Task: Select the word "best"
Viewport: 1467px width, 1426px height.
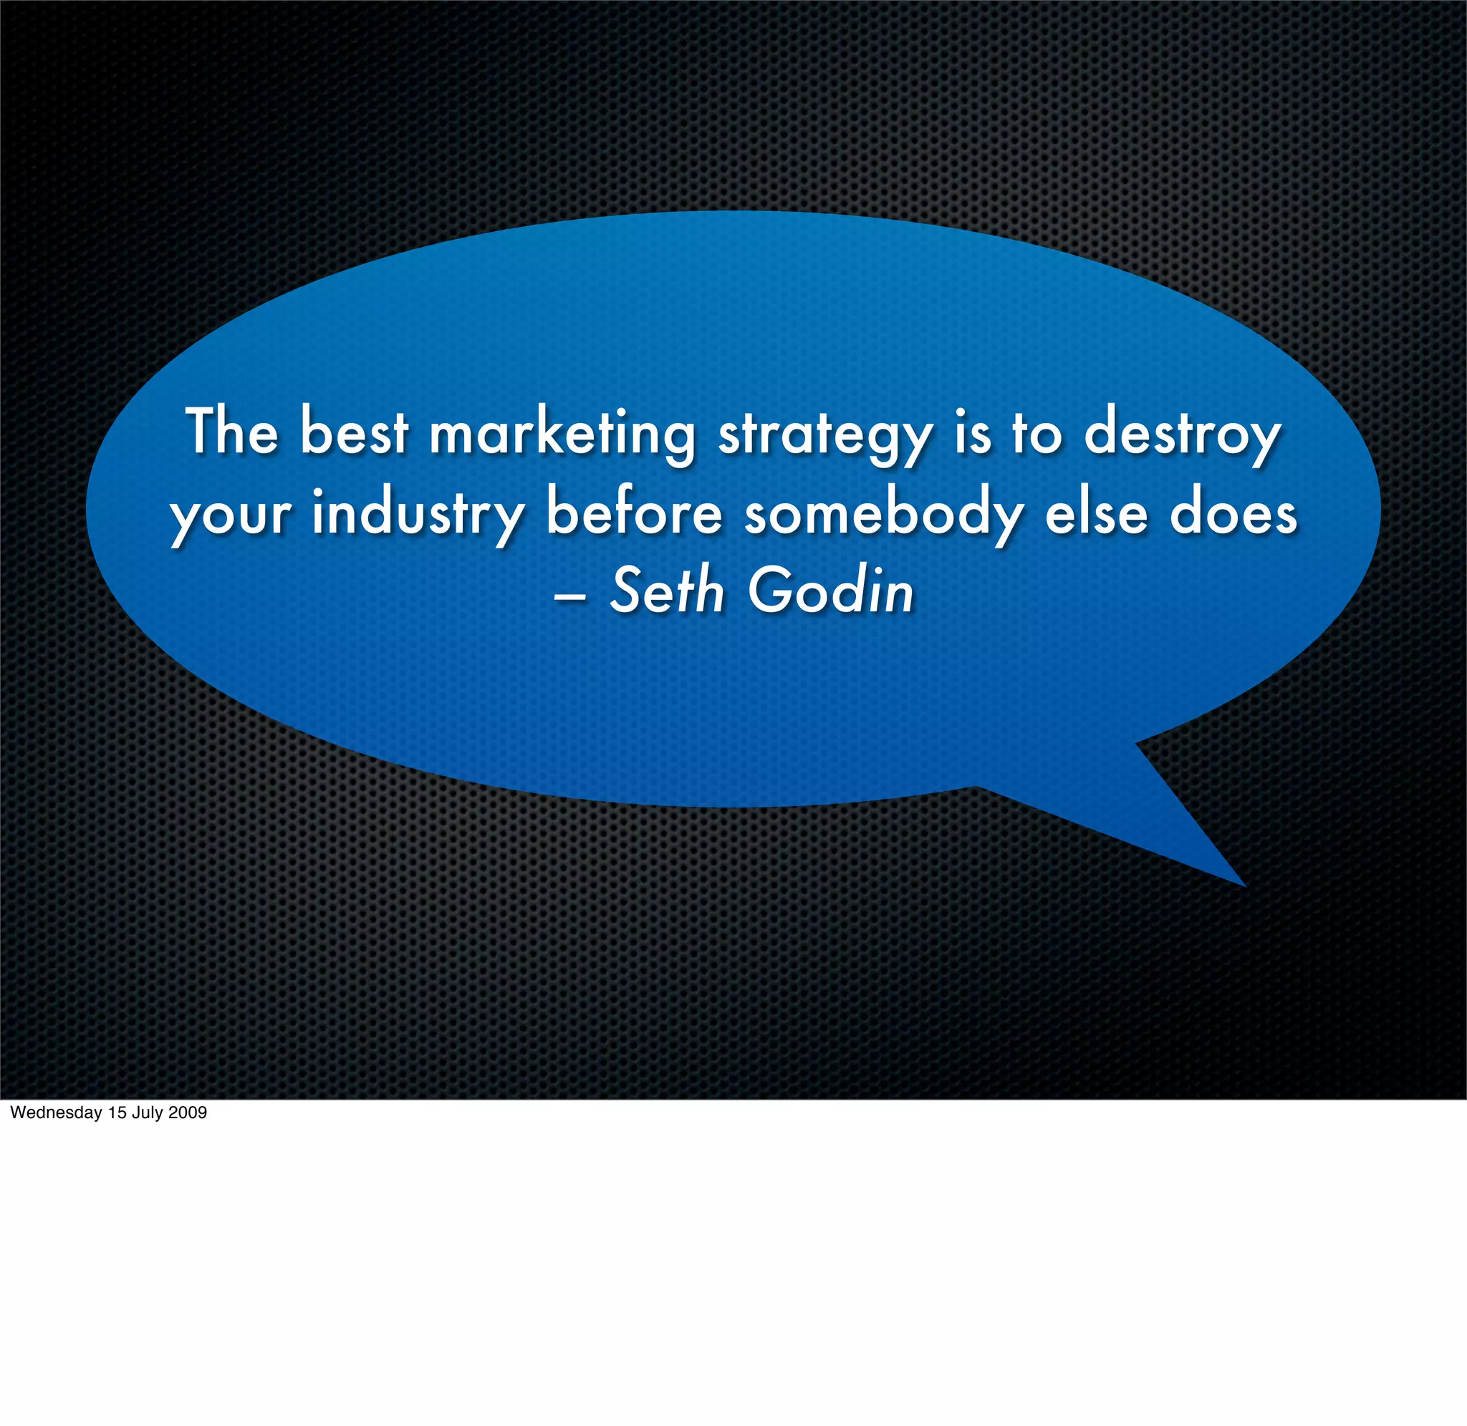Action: click(x=355, y=432)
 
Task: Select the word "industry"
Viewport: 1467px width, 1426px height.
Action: click(x=418, y=515)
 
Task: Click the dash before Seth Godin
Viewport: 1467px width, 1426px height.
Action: click(x=569, y=598)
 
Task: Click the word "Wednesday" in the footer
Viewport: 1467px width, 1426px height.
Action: click(x=56, y=1112)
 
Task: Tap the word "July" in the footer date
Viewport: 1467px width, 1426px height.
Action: click(x=148, y=1112)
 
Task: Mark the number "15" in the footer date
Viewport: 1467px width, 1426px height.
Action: click(x=117, y=1112)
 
